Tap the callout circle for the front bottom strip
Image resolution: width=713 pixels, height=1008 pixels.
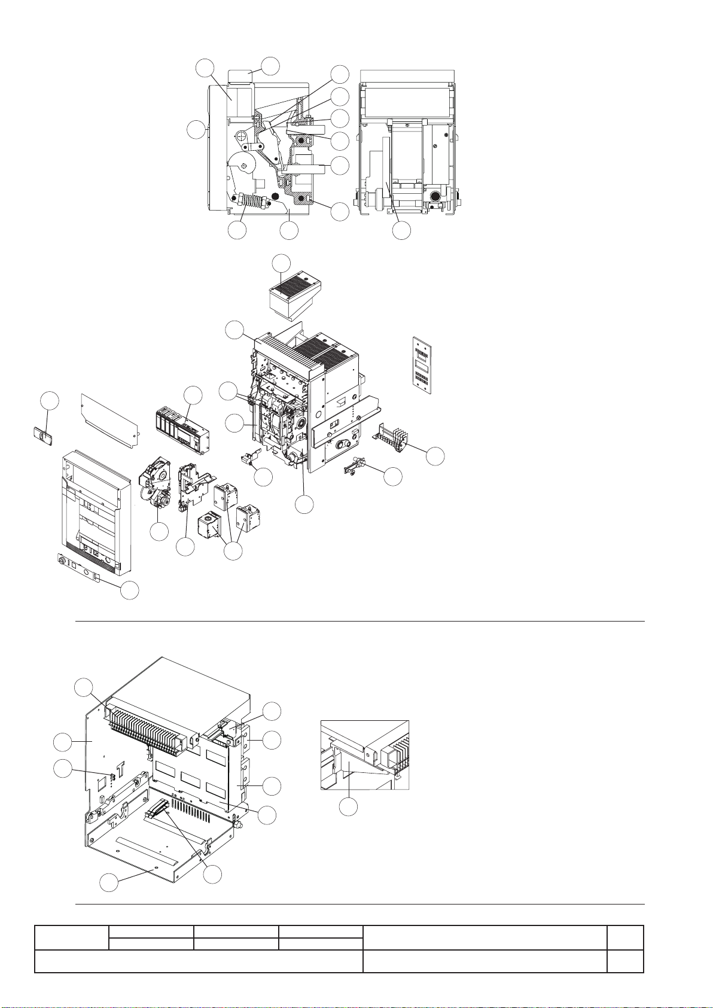[x=130, y=590]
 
